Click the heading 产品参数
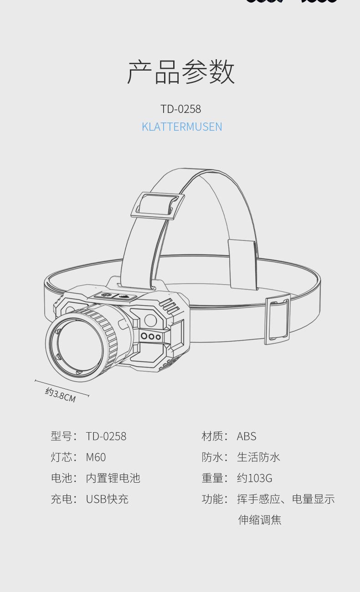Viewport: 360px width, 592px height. (x=181, y=72)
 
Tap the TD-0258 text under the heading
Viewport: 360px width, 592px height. (x=180, y=109)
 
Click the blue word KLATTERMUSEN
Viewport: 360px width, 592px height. (x=182, y=127)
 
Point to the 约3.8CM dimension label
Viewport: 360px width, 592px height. (x=61, y=394)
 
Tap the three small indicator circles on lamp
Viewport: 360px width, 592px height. (x=151, y=336)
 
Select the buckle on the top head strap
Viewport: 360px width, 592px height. (x=158, y=205)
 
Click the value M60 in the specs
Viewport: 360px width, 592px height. (x=96, y=457)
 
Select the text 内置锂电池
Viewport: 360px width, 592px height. (x=113, y=478)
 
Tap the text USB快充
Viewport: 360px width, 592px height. (x=107, y=499)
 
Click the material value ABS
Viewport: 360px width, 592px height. (x=247, y=436)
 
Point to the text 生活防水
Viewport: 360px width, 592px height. (x=258, y=457)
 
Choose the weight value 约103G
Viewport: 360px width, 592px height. (x=254, y=478)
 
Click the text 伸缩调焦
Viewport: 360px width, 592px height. (x=259, y=520)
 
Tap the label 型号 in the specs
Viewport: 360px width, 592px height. (x=62, y=436)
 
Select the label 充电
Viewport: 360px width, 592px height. (x=62, y=499)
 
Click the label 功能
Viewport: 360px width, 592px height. (x=212, y=499)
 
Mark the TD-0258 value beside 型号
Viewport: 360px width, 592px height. (x=106, y=436)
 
